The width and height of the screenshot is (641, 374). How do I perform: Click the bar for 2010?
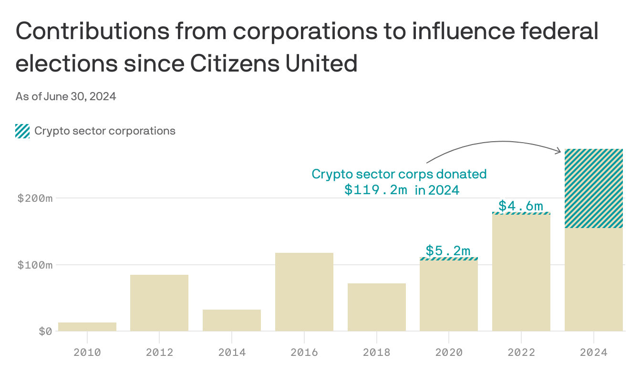87,327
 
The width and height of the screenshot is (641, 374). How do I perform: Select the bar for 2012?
159,303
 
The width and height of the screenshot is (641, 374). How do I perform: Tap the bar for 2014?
232,320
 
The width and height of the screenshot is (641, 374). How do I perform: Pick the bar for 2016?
304,292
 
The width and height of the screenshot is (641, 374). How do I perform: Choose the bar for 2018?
377,307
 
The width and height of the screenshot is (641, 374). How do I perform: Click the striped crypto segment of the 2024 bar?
594,188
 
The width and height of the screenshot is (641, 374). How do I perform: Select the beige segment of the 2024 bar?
594,280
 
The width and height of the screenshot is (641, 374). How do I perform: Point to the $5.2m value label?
448,250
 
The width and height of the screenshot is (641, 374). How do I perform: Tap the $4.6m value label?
521,206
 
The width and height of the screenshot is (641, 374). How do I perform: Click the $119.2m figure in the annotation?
376,190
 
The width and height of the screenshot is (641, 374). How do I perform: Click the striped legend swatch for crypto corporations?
22,131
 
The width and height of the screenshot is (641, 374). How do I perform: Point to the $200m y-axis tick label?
35,198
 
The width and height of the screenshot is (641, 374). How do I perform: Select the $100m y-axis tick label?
35,265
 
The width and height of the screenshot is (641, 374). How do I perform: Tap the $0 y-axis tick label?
45,331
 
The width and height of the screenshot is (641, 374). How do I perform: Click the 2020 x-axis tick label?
449,353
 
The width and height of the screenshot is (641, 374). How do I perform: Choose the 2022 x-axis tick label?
521,353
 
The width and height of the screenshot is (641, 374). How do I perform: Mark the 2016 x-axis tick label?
304,353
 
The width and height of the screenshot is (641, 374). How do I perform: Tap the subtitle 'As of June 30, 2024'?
66,97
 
